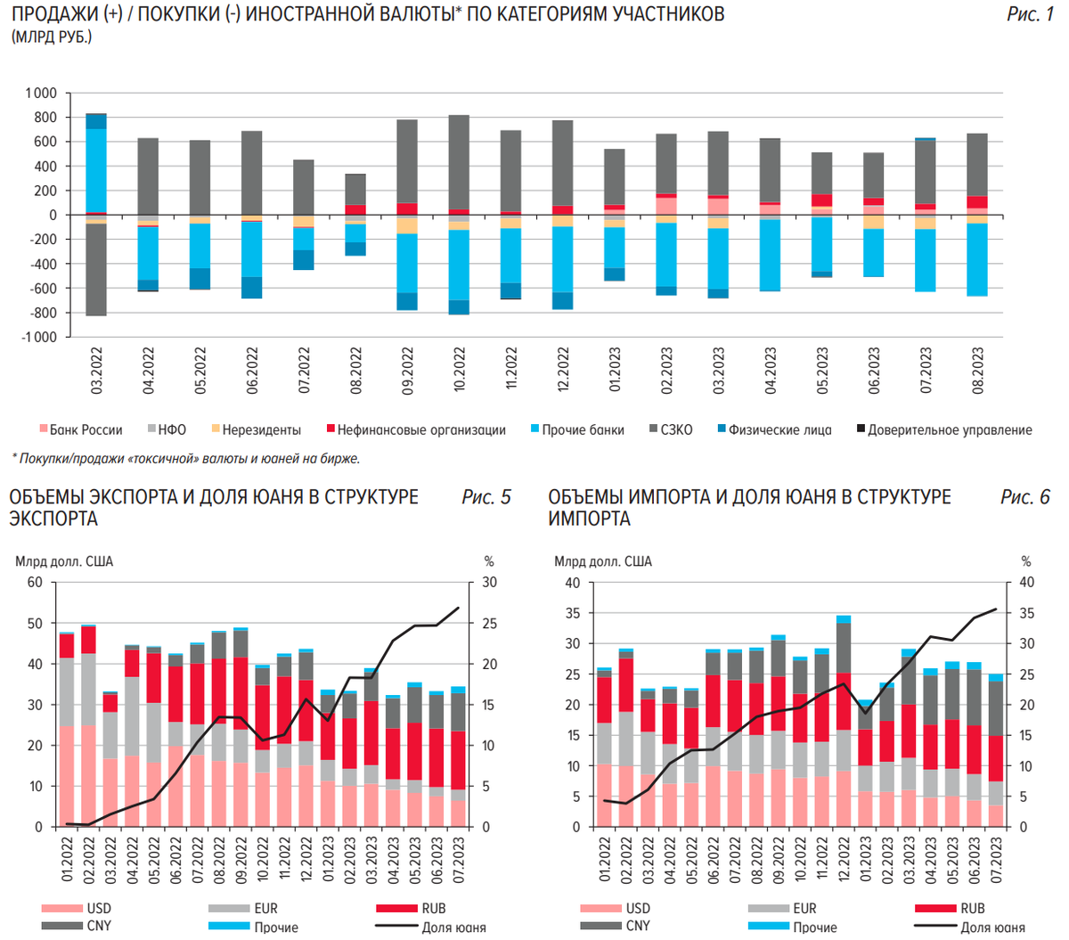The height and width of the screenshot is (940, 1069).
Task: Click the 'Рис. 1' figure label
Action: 1030,14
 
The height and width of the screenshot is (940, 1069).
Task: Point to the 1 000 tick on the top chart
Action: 41,93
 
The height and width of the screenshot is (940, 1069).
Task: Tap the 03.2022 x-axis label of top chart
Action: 97,371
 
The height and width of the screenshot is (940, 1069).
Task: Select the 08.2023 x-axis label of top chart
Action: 978,371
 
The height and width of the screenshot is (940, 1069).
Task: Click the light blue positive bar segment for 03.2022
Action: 96,169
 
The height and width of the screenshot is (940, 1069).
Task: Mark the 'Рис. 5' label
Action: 486,497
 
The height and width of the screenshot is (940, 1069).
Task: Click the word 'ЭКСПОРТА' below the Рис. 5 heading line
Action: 53,519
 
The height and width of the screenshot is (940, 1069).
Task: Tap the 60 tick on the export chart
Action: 35,583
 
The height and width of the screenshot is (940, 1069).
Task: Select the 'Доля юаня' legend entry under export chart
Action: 453,928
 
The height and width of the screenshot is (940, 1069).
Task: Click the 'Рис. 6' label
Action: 1025,497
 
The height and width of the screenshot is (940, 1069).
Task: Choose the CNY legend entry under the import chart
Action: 638,926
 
